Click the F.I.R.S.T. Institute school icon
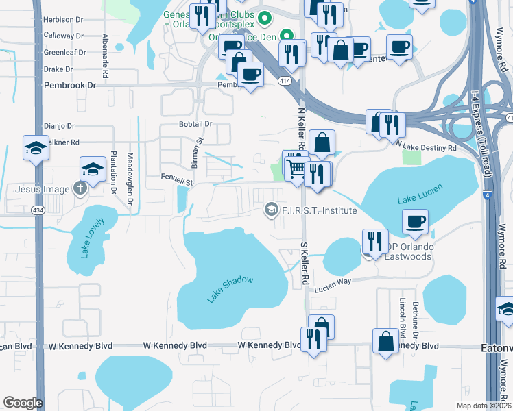pos(272,210)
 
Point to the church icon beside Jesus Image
pos(81,189)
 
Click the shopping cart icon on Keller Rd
pos(296,168)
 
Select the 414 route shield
pos(283,80)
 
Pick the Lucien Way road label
pos(333,290)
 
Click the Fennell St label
pos(178,182)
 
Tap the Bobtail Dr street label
pos(195,124)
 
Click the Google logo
pos(23,403)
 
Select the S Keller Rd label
pos(305,264)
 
